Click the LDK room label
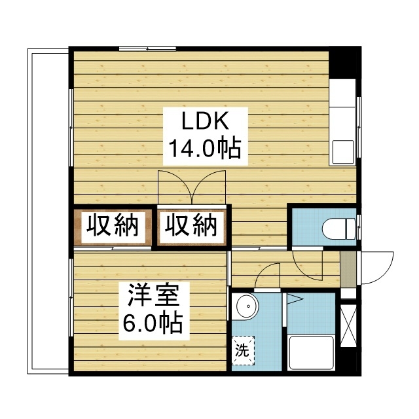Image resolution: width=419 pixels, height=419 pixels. [x=204, y=122]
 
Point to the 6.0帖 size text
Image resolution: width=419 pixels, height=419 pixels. [x=153, y=323]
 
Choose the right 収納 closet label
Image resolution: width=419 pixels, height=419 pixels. [x=191, y=227]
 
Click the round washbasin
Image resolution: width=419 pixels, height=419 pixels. [x=247, y=308]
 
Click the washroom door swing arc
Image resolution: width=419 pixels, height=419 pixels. [x=268, y=275]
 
